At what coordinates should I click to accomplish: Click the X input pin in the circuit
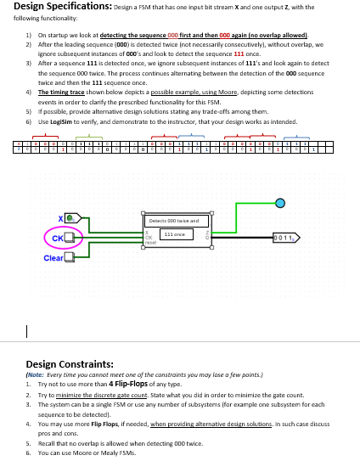tap(70, 217)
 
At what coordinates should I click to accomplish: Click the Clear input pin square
tap(70, 256)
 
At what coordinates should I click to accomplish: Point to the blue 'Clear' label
tap(53, 257)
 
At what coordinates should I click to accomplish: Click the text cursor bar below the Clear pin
tap(28, 330)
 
